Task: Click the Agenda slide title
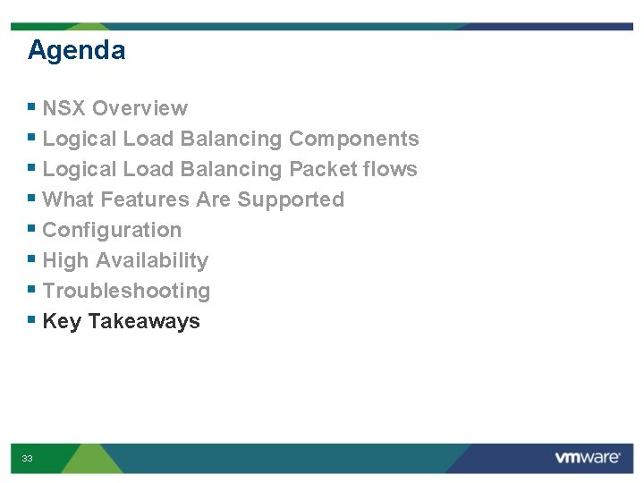pyautogui.click(x=76, y=50)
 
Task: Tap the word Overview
pyautogui.click(x=140, y=108)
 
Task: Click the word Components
pyautogui.click(x=353, y=139)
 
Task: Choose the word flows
pyautogui.click(x=394, y=169)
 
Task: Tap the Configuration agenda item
pyautogui.click(x=112, y=230)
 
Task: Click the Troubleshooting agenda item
pyautogui.click(x=126, y=291)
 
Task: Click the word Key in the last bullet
pyautogui.click(x=62, y=321)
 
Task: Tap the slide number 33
pyautogui.click(x=28, y=459)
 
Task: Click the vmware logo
pyautogui.click(x=587, y=458)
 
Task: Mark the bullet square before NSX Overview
pyautogui.click(x=32, y=108)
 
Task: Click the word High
pyautogui.click(x=65, y=260)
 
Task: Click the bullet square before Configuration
pyautogui.click(x=32, y=230)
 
